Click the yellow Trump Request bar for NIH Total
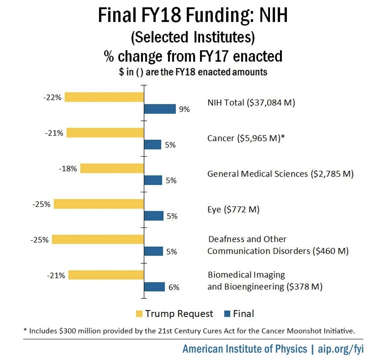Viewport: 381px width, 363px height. click(104, 97)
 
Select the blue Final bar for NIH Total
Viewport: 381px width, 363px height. click(159, 109)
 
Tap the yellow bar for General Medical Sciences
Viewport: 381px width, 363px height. click(112, 168)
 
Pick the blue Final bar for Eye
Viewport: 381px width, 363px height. click(153, 216)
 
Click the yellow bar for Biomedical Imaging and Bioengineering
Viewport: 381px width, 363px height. click(106, 275)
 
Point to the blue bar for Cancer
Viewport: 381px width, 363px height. click(152, 145)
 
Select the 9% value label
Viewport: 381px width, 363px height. click(184, 109)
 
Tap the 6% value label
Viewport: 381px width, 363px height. click(174, 287)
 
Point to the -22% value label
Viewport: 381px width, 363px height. click(53, 97)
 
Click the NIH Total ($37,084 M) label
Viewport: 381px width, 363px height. click(251, 102)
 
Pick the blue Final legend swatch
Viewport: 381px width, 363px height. click(226, 314)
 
